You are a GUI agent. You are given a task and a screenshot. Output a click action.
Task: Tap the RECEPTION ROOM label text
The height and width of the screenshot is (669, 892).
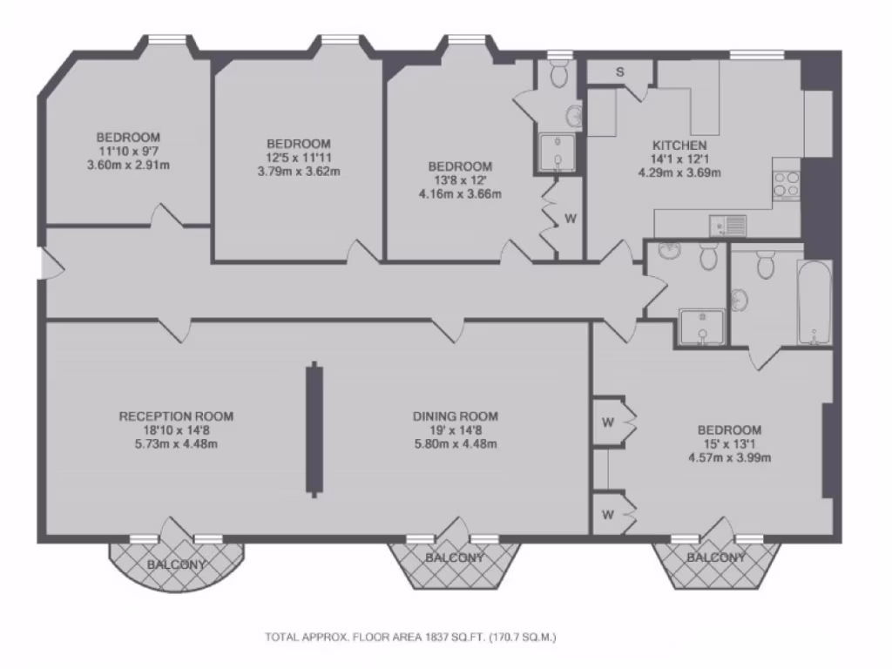point(176,416)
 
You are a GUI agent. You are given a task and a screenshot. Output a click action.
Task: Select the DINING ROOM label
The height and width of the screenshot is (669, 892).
point(455,416)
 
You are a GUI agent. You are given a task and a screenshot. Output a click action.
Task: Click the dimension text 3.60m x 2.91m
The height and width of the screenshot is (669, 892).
point(128,165)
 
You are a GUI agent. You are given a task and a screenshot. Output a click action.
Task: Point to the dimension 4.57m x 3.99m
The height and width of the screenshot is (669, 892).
point(729,457)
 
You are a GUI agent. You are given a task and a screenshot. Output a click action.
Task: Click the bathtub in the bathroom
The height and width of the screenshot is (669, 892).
point(814,301)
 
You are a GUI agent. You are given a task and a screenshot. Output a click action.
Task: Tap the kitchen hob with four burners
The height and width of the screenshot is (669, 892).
point(786,184)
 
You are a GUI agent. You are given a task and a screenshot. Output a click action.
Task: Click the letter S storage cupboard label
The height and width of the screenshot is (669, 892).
point(619,72)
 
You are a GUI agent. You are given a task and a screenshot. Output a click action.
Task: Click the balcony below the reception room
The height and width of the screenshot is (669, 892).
point(177,564)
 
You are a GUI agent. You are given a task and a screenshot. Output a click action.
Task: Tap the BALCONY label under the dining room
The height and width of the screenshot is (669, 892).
point(455,557)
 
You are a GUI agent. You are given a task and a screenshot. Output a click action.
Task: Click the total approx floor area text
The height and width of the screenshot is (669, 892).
point(410,637)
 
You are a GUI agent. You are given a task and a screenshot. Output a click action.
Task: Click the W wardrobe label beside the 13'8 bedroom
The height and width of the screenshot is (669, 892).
point(570,219)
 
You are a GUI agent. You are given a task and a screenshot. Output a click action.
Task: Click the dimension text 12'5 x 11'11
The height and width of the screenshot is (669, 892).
point(299,158)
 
